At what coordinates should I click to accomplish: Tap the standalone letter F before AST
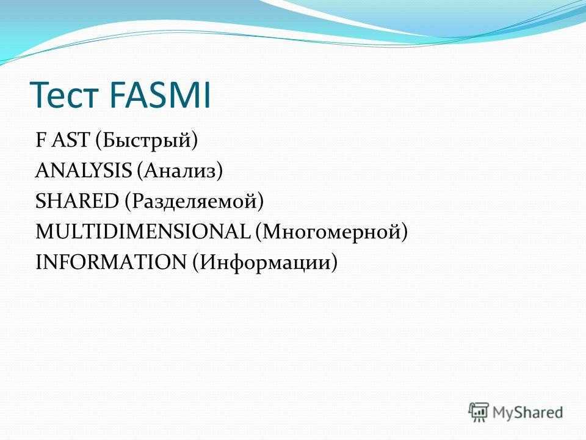click(x=40, y=139)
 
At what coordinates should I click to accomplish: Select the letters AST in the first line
click(x=71, y=139)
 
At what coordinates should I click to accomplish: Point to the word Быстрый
click(x=146, y=141)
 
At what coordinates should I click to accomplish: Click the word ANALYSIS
click(x=84, y=170)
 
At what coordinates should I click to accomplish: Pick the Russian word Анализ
click(x=179, y=170)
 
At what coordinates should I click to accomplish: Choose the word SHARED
click(x=77, y=201)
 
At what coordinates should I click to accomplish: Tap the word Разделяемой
click(x=194, y=202)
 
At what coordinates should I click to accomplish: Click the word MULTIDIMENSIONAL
click(x=143, y=231)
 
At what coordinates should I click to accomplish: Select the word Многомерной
click(x=331, y=232)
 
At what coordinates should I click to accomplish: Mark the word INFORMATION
click(x=110, y=262)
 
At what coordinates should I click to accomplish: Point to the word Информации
click(x=264, y=263)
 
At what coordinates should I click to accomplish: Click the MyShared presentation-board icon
click(x=479, y=413)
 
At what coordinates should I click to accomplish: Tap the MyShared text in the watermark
click(x=527, y=413)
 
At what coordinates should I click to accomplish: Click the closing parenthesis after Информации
click(x=334, y=262)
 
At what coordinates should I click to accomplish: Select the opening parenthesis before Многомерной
click(x=259, y=232)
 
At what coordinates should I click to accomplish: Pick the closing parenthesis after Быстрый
click(x=195, y=140)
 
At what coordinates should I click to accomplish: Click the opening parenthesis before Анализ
click(x=140, y=170)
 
